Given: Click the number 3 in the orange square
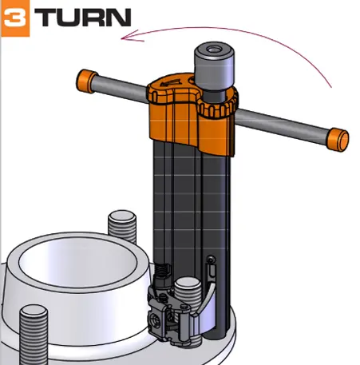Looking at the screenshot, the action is pos(15,18).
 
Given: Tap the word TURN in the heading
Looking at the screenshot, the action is pos(83,18).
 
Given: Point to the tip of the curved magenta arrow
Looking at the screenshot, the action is pos(121,39).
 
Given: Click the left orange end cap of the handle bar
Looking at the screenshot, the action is pos(86,81).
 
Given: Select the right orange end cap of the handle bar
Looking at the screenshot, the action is pos(338,140).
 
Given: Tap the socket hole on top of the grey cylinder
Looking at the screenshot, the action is pos(214,50).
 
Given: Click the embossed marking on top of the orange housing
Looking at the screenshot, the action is pos(168,83).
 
